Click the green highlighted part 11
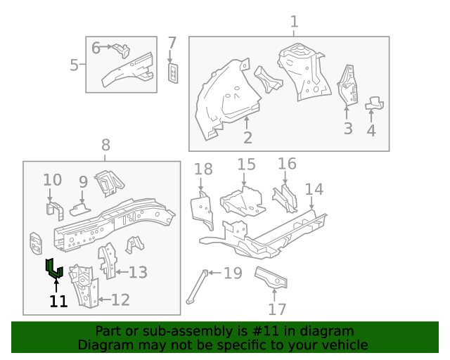[53, 269]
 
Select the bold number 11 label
[58, 302]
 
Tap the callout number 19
[232, 274]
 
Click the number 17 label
[277, 309]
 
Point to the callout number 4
[371, 130]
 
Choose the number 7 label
[172, 43]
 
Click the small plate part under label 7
[173, 72]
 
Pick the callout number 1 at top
[294, 21]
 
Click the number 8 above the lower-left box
[105, 146]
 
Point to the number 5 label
[75, 65]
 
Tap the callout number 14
[314, 189]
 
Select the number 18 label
[203, 169]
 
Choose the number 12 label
[120, 300]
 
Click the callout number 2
[247, 137]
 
